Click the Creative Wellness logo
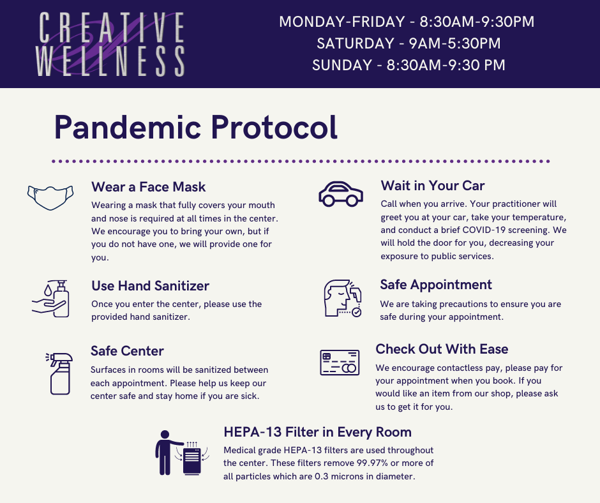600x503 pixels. pyautogui.click(x=110, y=44)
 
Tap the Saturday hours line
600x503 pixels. pyautogui.click(x=409, y=43)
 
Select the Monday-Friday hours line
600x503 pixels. pyautogui.click(x=407, y=22)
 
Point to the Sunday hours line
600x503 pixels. pyautogui.click(x=409, y=65)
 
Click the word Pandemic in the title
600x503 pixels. pyautogui.click(x=128, y=127)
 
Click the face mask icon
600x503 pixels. pyautogui.click(x=50, y=197)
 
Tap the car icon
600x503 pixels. pyautogui.click(x=341, y=193)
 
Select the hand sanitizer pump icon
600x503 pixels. pyautogui.click(x=51, y=299)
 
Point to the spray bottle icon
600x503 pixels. pyautogui.click(x=59, y=373)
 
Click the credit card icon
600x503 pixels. pyautogui.click(x=340, y=362)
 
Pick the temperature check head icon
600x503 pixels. pyautogui.click(x=343, y=298)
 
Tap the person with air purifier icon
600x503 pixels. pyautogui.click(x=182, y=453)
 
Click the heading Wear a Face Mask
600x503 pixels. pyautogui.click(x=149, y=187)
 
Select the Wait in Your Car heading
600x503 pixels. pyautogui.click(x=432, y=186)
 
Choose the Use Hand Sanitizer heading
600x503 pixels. pyautogui.click(x=151, y=285)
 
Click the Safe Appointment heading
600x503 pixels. pyautogui.click(x=436, y=285)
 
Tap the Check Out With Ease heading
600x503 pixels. pyautogui.click(x=442, y=349)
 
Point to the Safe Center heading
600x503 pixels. pyautogui.click(x=127, y=351)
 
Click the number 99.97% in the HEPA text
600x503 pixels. pyautogui.click(x=372, y=463)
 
